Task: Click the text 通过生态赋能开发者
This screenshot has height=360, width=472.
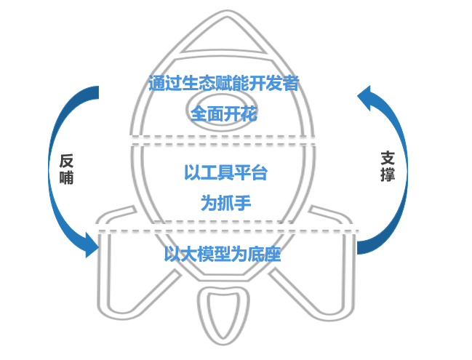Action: click(223, 84)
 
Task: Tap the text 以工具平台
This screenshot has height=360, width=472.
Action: click(225, 173)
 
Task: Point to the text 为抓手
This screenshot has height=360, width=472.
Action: click(225, 203)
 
